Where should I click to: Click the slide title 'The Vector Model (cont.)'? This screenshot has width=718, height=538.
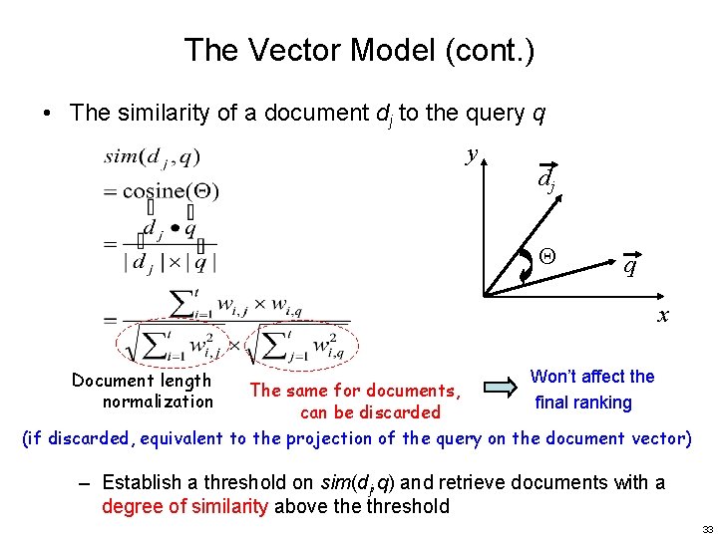coord(359,50)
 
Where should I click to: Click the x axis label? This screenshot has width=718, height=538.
coord(661,317)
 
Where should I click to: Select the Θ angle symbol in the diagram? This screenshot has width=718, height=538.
coord(545,256)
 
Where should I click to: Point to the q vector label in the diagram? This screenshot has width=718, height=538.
coord(630,266)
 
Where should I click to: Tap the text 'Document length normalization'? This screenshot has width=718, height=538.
coord(143,391)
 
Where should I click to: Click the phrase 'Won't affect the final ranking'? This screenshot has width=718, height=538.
coord(591,390)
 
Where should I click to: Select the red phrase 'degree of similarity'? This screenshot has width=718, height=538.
coord(184,506)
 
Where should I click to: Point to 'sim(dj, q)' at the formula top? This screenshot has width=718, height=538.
coord(152,157)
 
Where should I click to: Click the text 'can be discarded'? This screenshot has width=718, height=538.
coord(370,412)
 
